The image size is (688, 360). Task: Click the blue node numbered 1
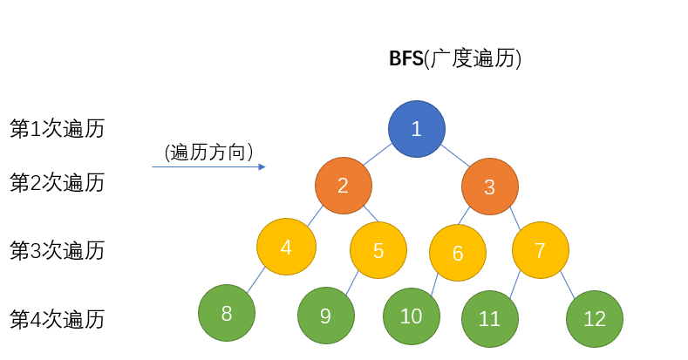coord(417,129)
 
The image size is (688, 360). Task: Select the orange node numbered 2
coord(344,185)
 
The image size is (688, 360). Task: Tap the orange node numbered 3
coord(490,186)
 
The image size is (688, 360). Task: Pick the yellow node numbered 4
coord(286,247)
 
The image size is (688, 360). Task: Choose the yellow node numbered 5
coord(378,250)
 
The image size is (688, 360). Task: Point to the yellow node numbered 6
coord(458,253)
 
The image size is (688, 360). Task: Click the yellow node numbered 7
coord(541,250)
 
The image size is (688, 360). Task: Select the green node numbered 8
coord(227,313)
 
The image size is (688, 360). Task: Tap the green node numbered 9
coord(326,316)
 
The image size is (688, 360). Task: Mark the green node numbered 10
coord(412,316)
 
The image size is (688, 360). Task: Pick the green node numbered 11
coord(490,319)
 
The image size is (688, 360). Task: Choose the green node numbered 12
coord(595,318)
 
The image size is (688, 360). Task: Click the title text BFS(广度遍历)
coord(455,59)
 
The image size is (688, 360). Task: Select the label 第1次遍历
coord(58,129)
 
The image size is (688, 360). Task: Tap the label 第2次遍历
coord(58,182)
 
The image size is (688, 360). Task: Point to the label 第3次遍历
coord(58,250)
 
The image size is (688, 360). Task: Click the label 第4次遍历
coord(58,319)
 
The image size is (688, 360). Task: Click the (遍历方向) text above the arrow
coord(209,152)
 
